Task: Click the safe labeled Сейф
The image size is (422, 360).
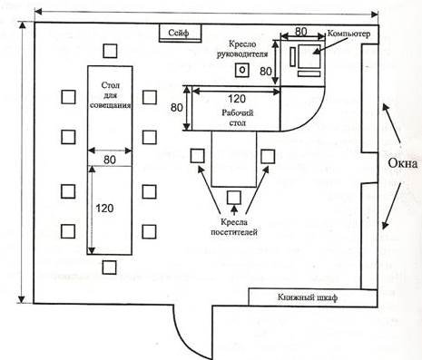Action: pos(181,33)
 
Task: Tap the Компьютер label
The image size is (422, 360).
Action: pos(348,34)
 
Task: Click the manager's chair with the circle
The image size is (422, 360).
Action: pos(242,70)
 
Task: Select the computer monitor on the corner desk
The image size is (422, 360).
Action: pos(309,56)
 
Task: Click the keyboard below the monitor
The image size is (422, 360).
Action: pos(309,73)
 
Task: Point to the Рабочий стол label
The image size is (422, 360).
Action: pos(238,118)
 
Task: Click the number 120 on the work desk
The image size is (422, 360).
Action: pos(237,99)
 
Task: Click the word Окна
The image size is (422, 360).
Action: pos(402,163)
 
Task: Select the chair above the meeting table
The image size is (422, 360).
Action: pos(110,51)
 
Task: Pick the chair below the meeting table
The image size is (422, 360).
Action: pos(109,268)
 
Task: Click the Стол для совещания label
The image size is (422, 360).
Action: pos(111,95)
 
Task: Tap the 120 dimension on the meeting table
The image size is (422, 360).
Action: pos(104,209)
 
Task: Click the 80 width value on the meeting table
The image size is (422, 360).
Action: pos(110,160)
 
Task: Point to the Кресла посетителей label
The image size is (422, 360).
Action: pos(234,227)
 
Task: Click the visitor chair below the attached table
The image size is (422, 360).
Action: pos(234,198)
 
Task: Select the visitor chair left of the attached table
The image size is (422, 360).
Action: pos(197,156)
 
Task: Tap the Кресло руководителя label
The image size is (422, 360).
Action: pos(242,49)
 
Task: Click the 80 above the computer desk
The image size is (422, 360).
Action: pos(301,32)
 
